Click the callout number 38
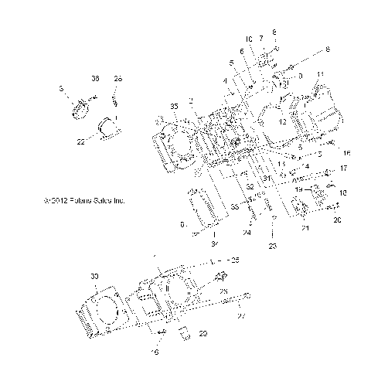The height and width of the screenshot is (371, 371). [96, 78]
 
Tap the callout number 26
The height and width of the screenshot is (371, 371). [118, 78]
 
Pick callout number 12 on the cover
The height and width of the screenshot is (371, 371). [281, 121]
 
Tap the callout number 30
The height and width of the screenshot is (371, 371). [95, 276]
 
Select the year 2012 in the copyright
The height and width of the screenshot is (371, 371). [54, 200]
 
